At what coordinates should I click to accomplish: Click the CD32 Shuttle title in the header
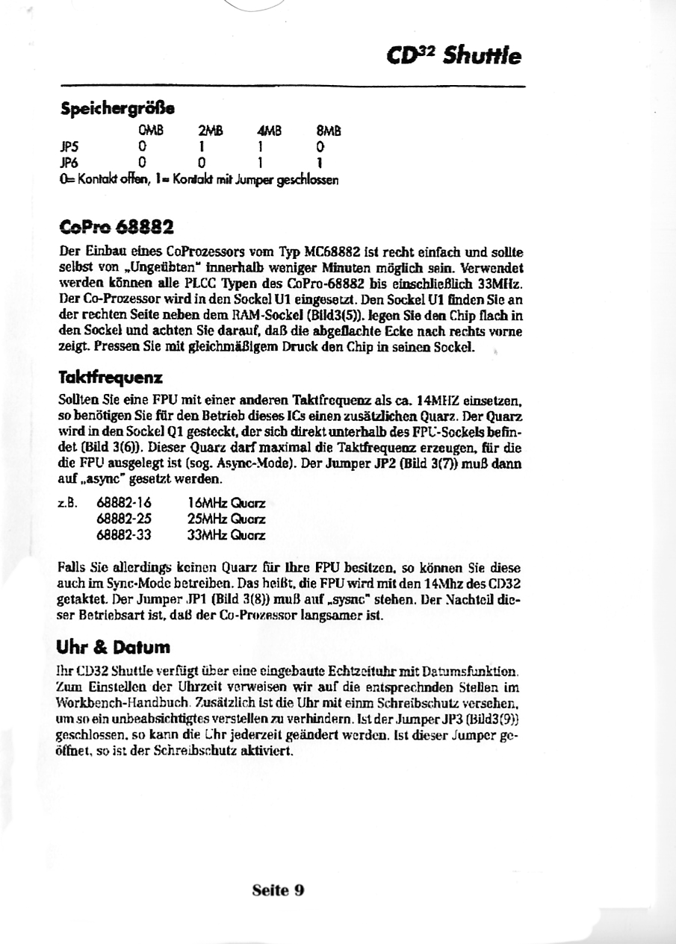[x=455, y=56]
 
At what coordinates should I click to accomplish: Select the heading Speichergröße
[x=117, y=109]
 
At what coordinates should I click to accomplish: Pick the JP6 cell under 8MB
[x=320, y=160]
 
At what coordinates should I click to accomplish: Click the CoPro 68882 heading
[x=117, y=225]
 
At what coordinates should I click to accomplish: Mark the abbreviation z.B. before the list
[x=69, y=504]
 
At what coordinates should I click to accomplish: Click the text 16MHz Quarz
[x=226, y=504]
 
